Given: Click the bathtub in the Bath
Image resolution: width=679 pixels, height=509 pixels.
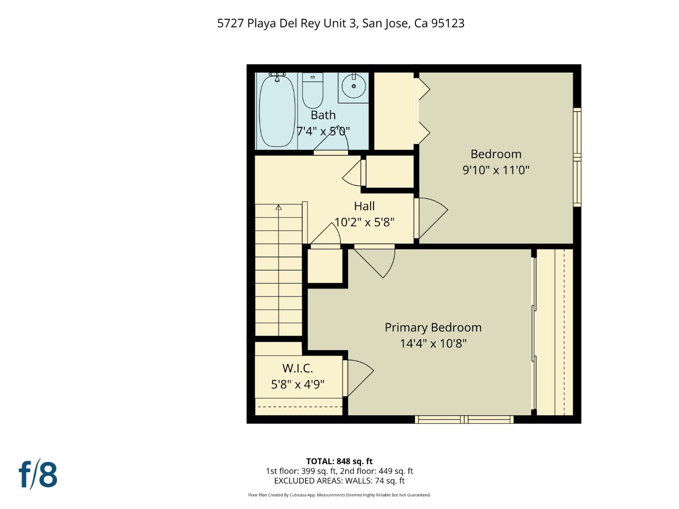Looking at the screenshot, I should pos(277,111).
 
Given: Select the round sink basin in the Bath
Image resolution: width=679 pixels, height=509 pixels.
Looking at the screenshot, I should pos(353,86).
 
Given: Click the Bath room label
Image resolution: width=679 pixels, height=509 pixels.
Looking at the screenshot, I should pos(323,115).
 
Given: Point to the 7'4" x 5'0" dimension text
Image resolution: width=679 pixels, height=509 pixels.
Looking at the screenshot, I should pos(323,131).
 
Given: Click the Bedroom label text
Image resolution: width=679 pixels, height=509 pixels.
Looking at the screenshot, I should pos(496,154).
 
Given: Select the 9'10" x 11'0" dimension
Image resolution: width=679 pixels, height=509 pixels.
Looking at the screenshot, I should pos(496,170).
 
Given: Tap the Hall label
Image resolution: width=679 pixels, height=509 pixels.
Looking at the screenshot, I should pos(364,206).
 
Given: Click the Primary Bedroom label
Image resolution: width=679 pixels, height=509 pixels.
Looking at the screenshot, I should pos(433,328).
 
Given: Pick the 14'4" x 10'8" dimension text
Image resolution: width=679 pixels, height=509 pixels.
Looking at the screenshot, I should pos(433,344).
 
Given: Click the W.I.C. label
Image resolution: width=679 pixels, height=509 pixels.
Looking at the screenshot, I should pos(298,369).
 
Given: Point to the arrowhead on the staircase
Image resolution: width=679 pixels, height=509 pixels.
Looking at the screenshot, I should pos(279,207).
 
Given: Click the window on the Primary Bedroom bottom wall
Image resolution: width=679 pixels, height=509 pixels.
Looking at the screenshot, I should pos(464,419).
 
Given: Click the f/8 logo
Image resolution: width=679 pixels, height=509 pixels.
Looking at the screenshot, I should pos(38,475).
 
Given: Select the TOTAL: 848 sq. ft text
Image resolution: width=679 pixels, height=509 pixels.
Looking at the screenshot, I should pos(339,461).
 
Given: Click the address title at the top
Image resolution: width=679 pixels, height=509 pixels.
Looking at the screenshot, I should pos(340,24).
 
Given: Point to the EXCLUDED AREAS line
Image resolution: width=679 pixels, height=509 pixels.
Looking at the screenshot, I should pos(339,481).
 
